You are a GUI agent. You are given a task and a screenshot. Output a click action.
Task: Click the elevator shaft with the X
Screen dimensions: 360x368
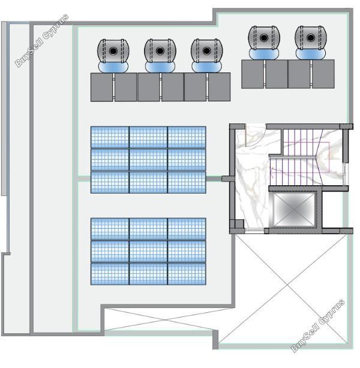tap(294, 209)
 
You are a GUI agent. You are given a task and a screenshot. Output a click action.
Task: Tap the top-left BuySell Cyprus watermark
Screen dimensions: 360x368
tap(42, 40)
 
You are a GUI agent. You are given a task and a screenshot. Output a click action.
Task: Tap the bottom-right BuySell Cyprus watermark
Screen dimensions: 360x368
tap(318, 325)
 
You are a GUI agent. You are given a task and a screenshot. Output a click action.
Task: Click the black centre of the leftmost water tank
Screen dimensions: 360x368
tap(113, 51)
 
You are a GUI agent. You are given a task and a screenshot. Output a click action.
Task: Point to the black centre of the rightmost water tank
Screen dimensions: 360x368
tap(311, 38)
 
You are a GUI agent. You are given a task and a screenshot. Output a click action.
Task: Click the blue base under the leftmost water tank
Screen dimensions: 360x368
tap(113, 67)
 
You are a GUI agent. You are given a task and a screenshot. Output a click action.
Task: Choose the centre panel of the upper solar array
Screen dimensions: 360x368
tap(148, 159)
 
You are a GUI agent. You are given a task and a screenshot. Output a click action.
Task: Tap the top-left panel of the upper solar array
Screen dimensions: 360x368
tap(110, 137)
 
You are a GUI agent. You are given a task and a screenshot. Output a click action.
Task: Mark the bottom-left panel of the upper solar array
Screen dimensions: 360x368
tap(110, 182)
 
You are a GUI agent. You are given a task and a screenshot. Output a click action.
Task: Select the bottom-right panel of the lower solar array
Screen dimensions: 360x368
tap(187, 274)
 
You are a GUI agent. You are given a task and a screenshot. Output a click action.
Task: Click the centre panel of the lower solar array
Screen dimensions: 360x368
tap(148, 251)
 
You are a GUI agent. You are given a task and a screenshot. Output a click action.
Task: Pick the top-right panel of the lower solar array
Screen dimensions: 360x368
tap(187, 229)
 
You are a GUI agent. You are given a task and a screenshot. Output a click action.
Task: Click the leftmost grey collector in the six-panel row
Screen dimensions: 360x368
tap(101, 87)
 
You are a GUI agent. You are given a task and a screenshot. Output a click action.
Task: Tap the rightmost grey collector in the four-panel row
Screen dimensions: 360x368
tap(323, 74)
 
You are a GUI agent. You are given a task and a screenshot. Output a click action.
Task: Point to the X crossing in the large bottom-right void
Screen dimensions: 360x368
tap(287, 285)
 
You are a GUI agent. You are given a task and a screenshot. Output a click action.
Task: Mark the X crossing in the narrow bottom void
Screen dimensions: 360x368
tap(166, 319)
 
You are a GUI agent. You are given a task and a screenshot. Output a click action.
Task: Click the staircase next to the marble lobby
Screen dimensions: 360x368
tap(305, 156)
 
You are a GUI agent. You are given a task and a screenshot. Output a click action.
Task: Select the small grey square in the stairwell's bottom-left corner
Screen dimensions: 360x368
tap(239, 224)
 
